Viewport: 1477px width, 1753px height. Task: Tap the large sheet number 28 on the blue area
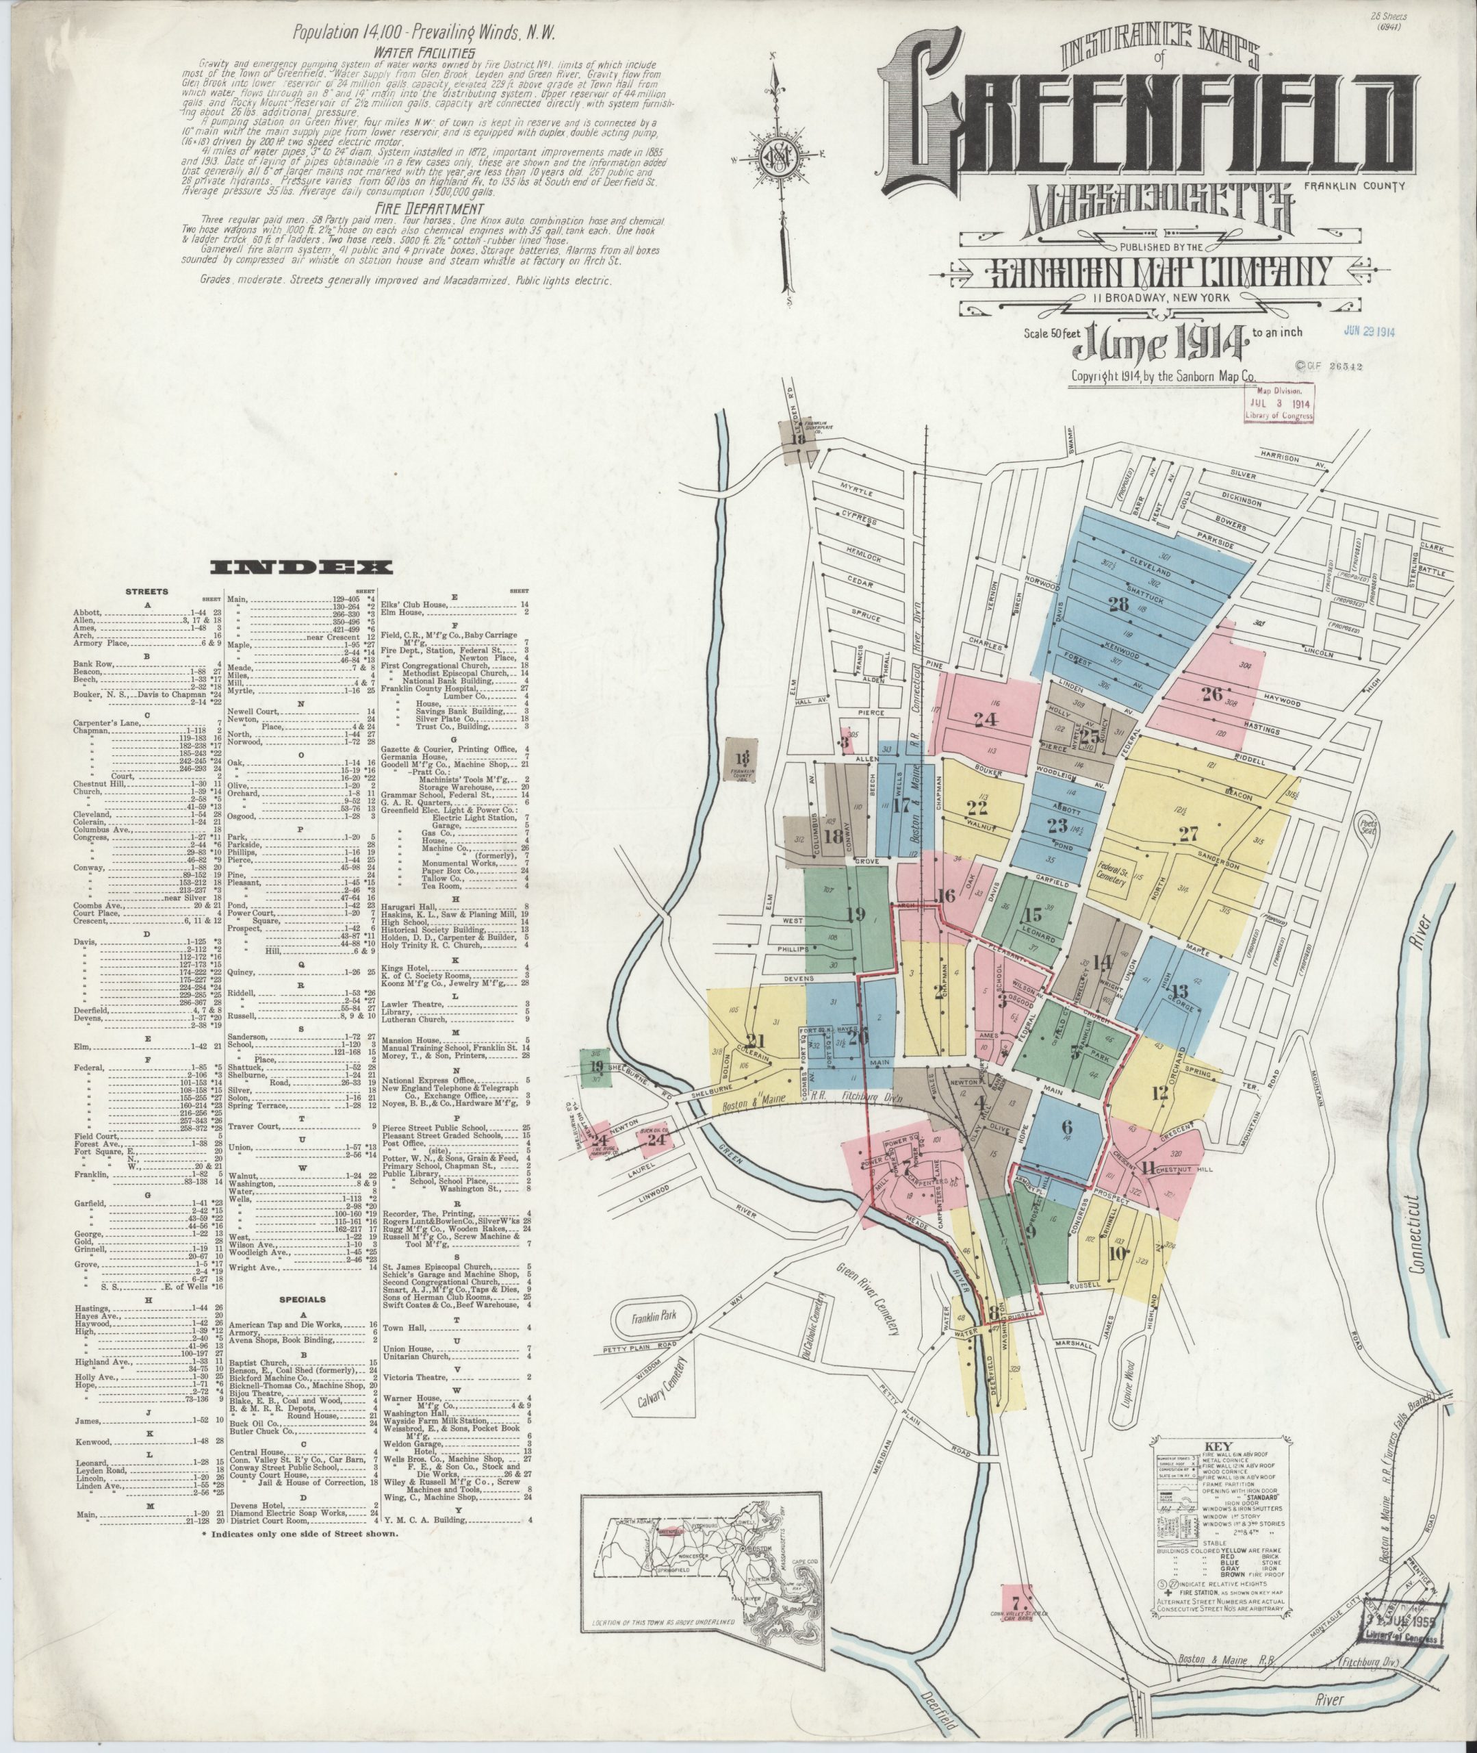pos(1118,605)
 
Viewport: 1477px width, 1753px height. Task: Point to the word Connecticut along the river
pos(1417,1231)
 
